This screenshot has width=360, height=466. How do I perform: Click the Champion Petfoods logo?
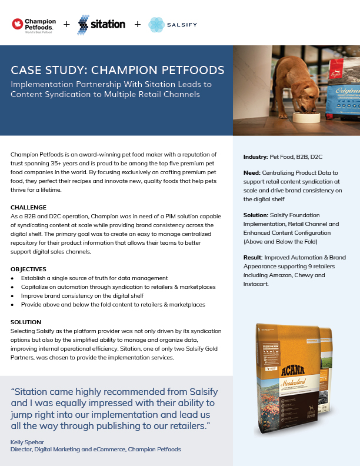point(34,25)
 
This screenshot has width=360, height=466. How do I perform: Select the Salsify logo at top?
point(172,25)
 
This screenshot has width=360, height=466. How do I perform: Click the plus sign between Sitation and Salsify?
point(138,25)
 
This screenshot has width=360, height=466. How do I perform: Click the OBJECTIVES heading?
point(28,268)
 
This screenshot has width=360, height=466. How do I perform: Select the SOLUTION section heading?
point(26,322)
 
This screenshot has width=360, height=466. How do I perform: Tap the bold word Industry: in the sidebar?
point(256,157)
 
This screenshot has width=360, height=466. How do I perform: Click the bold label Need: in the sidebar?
point(252,173)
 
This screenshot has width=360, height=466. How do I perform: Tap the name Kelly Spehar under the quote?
point(28,441)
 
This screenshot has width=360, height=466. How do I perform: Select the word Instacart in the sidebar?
point(256,284)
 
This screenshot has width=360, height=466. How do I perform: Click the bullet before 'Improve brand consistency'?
point(13,296)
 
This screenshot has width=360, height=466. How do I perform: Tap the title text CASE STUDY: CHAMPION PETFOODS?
point(118,71)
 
